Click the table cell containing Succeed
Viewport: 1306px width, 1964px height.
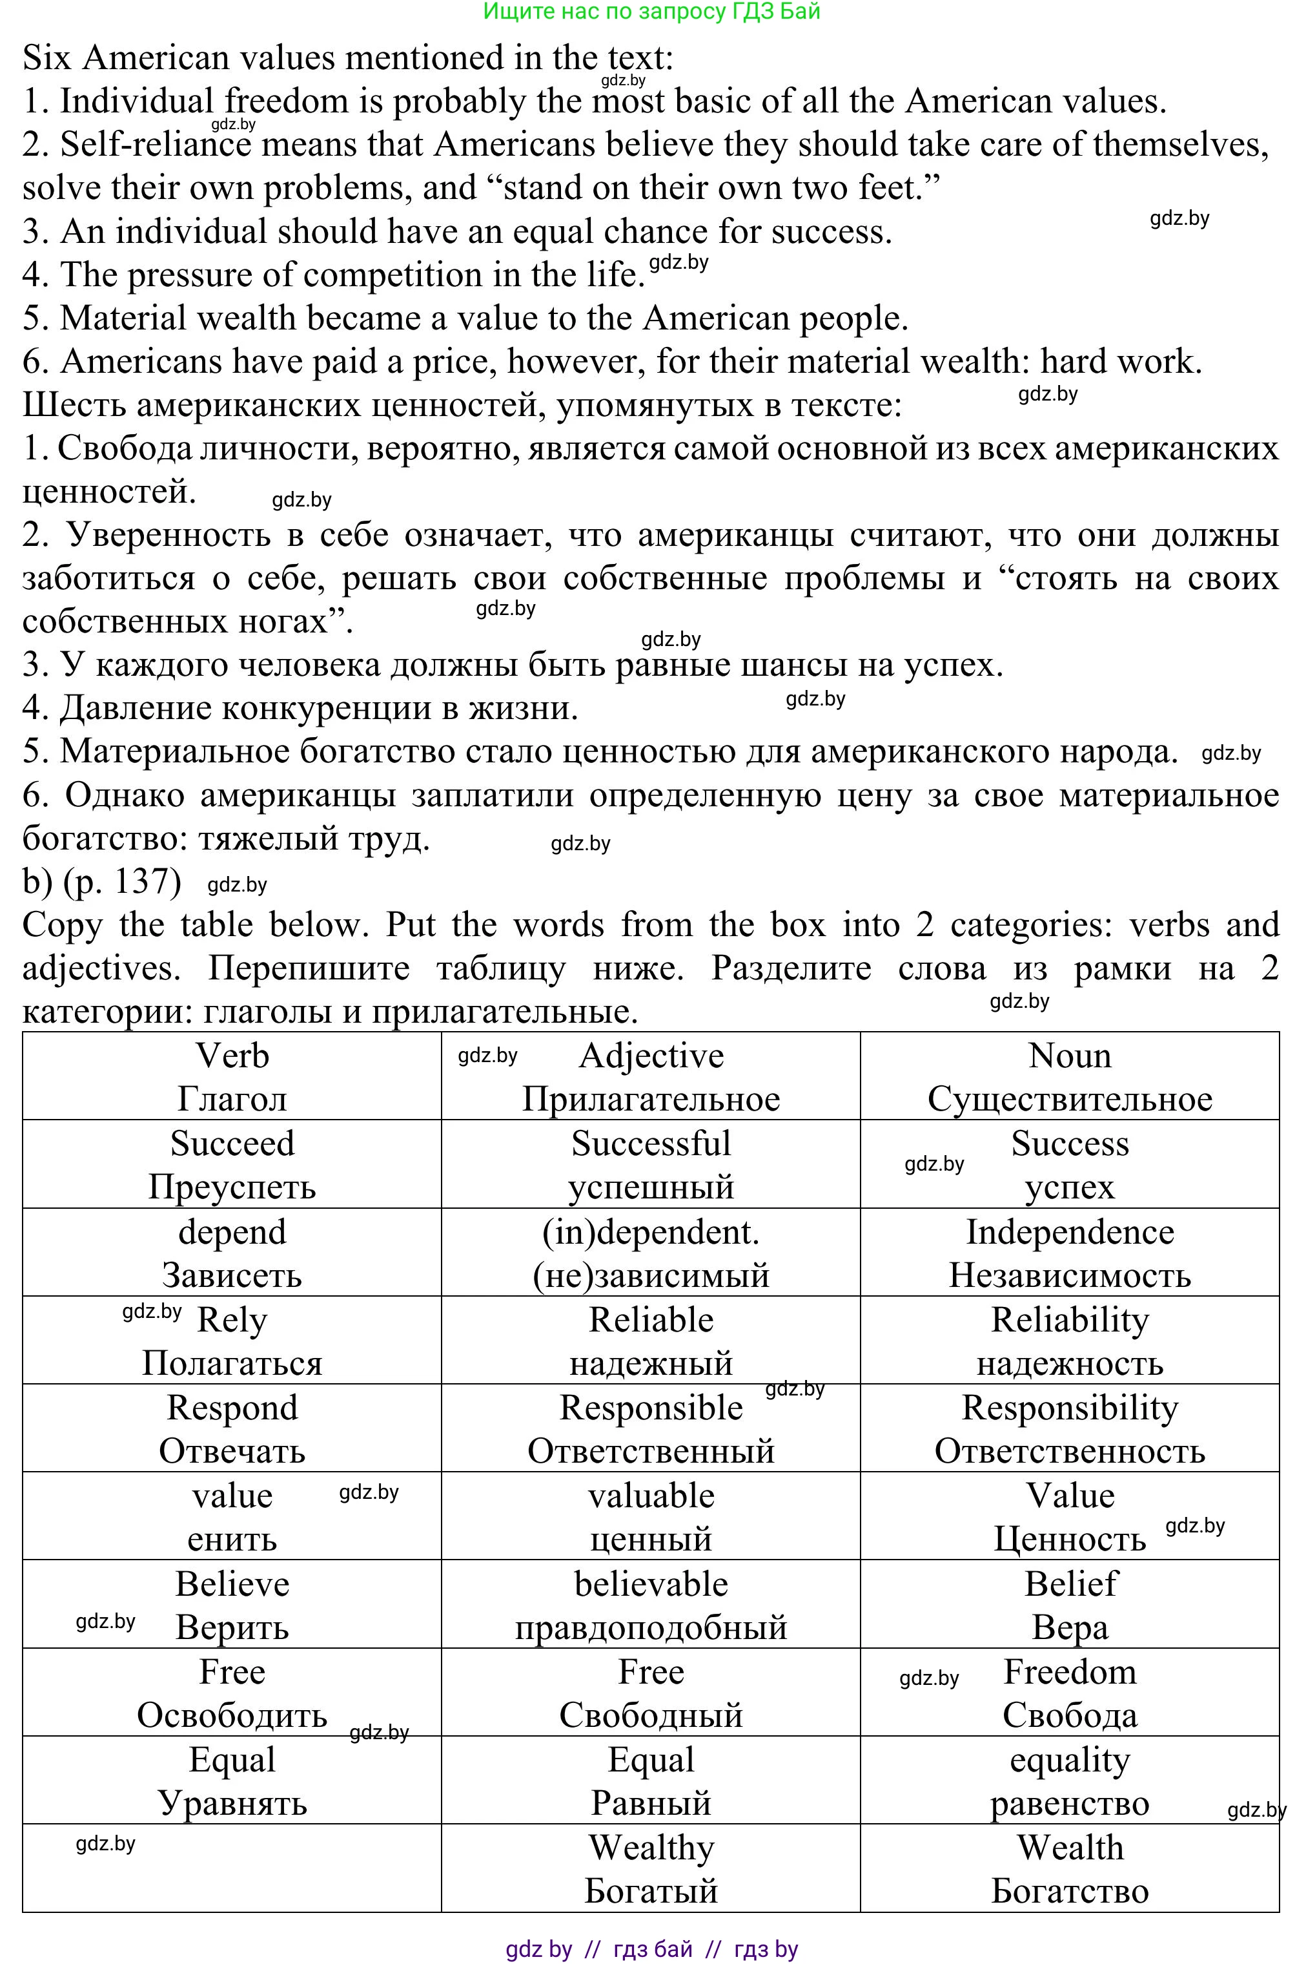coord(232,1164)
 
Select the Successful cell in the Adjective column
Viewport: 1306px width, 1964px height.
coord(651,1164)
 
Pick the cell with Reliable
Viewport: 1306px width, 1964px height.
coord(651,1340)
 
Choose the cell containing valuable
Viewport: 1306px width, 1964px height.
coord(651,1516)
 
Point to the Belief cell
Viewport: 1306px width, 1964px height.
coord(1070,1604)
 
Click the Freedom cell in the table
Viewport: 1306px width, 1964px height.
coord(1070,1693)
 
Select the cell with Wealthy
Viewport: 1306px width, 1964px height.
coord(651,1868)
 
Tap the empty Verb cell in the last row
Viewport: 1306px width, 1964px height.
coord(232,1868)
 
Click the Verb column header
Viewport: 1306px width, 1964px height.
coord(232,1076)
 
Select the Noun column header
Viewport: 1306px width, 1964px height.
coord(1070,1076)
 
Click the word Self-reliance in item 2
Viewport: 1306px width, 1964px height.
coord(155,145)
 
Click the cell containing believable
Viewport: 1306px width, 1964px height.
coord(651,1604)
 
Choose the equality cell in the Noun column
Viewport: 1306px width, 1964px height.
coord(1070,1781)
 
